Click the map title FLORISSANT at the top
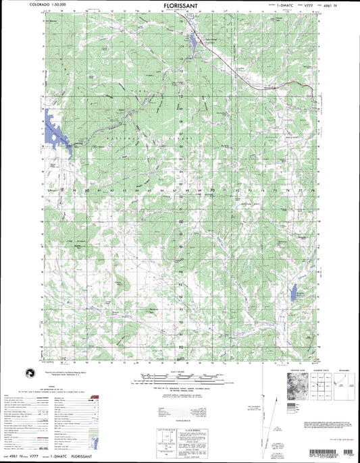[180, 5]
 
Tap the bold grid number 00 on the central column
[181, 221]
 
